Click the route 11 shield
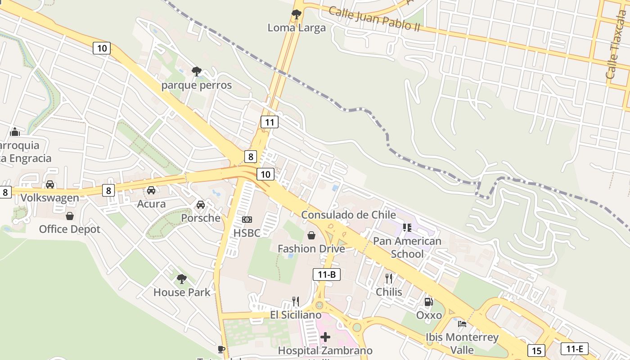[270, 122]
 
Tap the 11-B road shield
[327, 274]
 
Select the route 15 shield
[536, 351]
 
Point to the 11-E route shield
[575, 349]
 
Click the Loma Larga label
[297, 28]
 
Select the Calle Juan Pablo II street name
[374, 19]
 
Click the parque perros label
[197, 85]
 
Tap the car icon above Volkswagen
[50, 184]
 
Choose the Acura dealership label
[151, 204]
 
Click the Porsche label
[201, 218]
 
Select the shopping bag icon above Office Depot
[70, 216]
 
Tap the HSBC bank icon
[247, 220]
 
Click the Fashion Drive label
[311, 248]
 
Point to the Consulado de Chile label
[348, 215]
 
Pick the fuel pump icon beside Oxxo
[429, 302]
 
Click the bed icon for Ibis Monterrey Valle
[462, 324]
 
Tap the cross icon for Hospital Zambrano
[325, 337]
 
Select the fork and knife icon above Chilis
[389, 279]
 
